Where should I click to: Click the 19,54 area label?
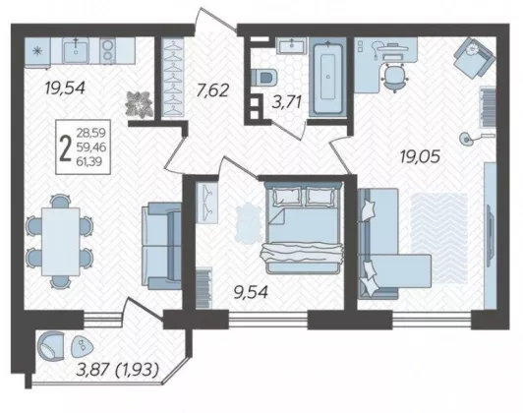[65, 88]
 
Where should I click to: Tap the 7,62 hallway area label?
[212, 90]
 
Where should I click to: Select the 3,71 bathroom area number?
[287, 101]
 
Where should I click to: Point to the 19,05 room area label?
[421, 156]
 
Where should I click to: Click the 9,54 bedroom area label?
[251, 293]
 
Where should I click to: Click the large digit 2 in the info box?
[65, 148]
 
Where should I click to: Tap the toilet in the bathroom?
[263, 77]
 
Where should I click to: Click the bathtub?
[328, 77]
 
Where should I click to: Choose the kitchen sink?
[76, 50]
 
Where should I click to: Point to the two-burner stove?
[107, 51]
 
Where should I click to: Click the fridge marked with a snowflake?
[37, 51]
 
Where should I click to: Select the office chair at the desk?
[395, 77]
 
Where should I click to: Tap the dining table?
[61, 242]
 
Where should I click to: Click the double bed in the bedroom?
[303, 227]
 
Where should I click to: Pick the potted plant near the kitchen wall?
[139, 104]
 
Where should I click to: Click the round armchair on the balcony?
[51, 345]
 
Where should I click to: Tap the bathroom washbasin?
[292, 45]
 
